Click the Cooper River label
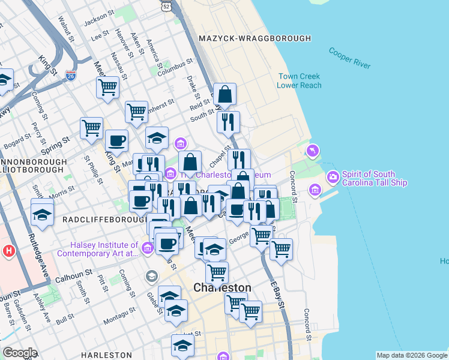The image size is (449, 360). (x=349, y=59)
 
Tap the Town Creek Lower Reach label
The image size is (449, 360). (x=299, y=81)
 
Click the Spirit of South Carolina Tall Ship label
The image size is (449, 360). (x=375, y=178)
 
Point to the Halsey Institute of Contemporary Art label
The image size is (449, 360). (x=97, y=249)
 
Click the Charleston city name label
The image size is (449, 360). (x=222, y=288)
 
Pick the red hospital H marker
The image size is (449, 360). (x=8, y=250)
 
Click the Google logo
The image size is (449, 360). (x=20, y=353)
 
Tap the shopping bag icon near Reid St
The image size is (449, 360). (x=224, y=94)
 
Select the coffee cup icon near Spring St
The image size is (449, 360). (x=116, y=141)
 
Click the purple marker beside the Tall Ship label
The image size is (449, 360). (x=333, y=177)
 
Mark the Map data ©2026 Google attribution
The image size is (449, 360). (x=411, y=355)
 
